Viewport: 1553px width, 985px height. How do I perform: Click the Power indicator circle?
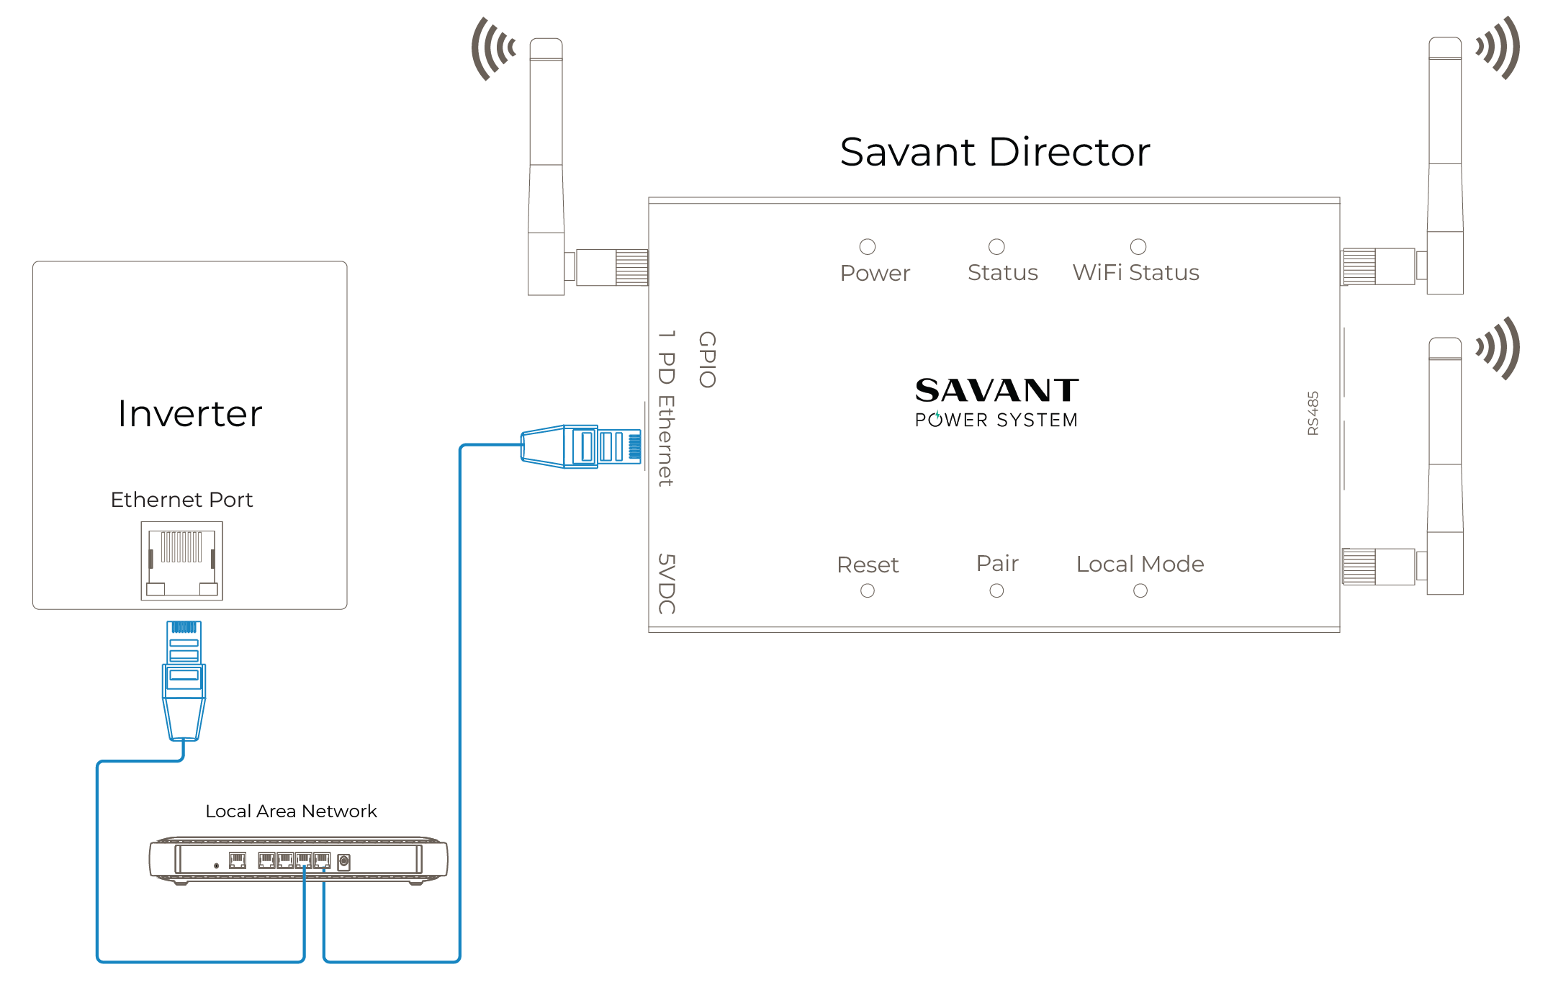pos(868,247)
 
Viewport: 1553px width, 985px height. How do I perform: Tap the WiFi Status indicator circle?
pos(1138,247)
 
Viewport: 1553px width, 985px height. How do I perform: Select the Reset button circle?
pos(868,591)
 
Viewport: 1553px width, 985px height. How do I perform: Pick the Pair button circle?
pos(996,591)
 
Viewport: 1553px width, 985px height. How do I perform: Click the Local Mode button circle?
pos(1140,591)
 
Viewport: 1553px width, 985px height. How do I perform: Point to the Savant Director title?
pos(995,153)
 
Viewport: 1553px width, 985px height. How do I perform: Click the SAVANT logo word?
pos(997,390)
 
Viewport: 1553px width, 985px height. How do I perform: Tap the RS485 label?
pos(1313,413)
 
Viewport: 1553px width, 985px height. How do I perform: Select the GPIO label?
pos(707,359)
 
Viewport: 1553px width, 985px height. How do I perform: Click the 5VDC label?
pos(667,584)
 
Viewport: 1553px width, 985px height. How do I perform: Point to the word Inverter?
pos(190,414)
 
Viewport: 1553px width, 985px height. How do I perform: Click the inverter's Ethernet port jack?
pos(182,561)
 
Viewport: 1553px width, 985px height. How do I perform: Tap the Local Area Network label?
pos(291,811)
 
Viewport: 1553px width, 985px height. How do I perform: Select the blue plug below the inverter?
pos(184,680)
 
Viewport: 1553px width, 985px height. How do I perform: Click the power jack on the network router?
pos(343,861)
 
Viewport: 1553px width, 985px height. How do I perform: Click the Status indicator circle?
pos(996,247)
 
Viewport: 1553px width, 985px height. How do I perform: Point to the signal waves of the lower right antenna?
pos(1498,348)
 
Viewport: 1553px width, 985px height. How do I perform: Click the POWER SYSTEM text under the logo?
pos(996,420)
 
